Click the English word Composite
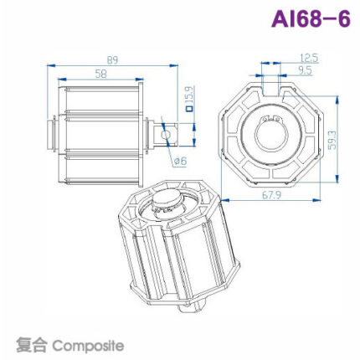[x=90, y=344]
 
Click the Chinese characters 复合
[x=33, y=344]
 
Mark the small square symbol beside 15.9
[x=189, y=107]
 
